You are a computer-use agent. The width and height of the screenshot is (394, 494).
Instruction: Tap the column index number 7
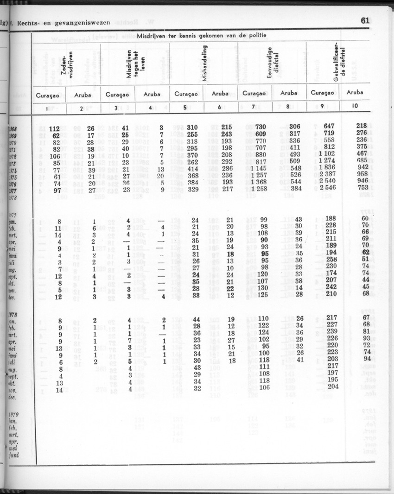(x=254, y=107)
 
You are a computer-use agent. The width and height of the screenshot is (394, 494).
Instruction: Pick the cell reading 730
(x=261, y=127)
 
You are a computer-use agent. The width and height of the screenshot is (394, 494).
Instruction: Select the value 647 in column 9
(x=329, y=126)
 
